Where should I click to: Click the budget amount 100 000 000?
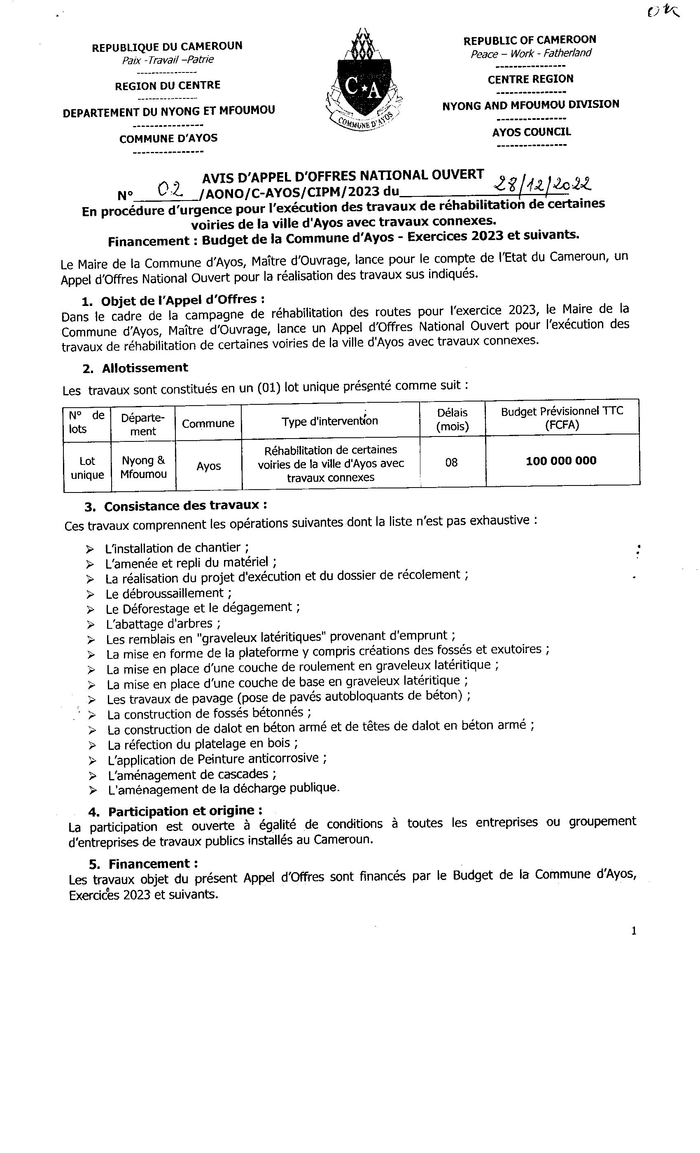pyautogui.click(x=561, y=461)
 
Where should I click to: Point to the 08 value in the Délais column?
pyautogui.click(x=452, y=463)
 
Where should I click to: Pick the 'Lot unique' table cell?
pyautogui.click(x=87, y=468)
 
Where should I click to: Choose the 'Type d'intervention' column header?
pyautogui.click(x=330, y=421)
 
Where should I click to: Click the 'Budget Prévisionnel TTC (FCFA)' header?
pyautogui.click(x=562, y=418)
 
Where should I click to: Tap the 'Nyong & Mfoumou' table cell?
pyautogui.click(x=143, y=467)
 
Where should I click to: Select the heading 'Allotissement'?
pyautogui.click(x=145, y=368)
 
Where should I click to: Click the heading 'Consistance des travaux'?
pyautogui.click(x=185, y=506)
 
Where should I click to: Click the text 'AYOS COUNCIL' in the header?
pyautogui.click(x=531, y=132)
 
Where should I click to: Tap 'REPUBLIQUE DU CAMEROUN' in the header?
pyautogui.click(x=167, y=47)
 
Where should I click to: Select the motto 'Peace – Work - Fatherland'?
pyautogui.click(x=531, y=54)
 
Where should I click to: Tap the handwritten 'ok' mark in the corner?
pyautogui.click(x=664, y=11)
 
